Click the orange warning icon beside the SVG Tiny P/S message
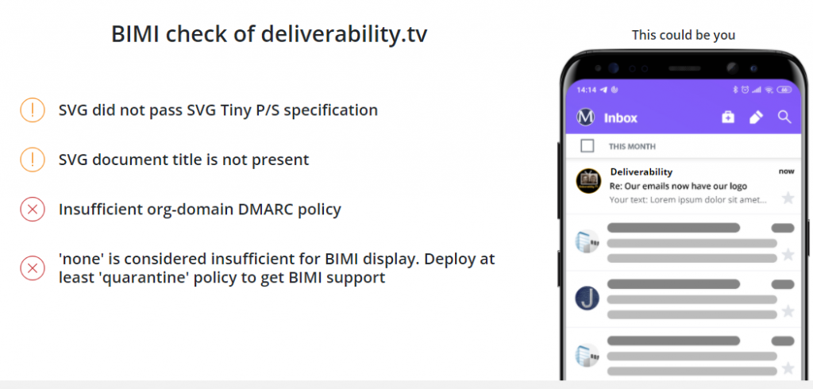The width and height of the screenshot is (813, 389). click(x=32, y=110)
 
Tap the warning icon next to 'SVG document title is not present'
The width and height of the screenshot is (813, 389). click(x=32, y=160)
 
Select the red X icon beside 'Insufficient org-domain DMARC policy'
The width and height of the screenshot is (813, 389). click(x=32, y=209)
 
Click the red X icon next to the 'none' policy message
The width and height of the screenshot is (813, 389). click(x=32, y=268)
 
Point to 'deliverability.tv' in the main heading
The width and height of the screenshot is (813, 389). click(x=345, y=35)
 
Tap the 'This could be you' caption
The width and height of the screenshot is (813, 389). click(x=684, y=35)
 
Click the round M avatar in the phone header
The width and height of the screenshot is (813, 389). click(x=585, y=117)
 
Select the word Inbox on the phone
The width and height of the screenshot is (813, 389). click(x=621, y=117)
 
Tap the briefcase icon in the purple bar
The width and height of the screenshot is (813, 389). click(x=728, y=117)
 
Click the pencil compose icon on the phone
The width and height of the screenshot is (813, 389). click(x=757, y=117)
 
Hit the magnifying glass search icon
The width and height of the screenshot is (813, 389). click(x=784, y=117)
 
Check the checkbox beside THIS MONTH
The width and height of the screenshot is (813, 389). click(x=587, y=146)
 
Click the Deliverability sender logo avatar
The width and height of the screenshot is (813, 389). click(x=588, y=181)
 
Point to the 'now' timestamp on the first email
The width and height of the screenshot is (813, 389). click(x=786, y=171)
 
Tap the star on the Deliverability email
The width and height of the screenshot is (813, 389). click(x=788, y=198)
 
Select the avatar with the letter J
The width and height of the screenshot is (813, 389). click(x=588, y=298)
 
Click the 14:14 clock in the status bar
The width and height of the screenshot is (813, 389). click(x=587, y=90)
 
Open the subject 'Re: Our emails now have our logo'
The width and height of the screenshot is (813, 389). click(x=679, y=187)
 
